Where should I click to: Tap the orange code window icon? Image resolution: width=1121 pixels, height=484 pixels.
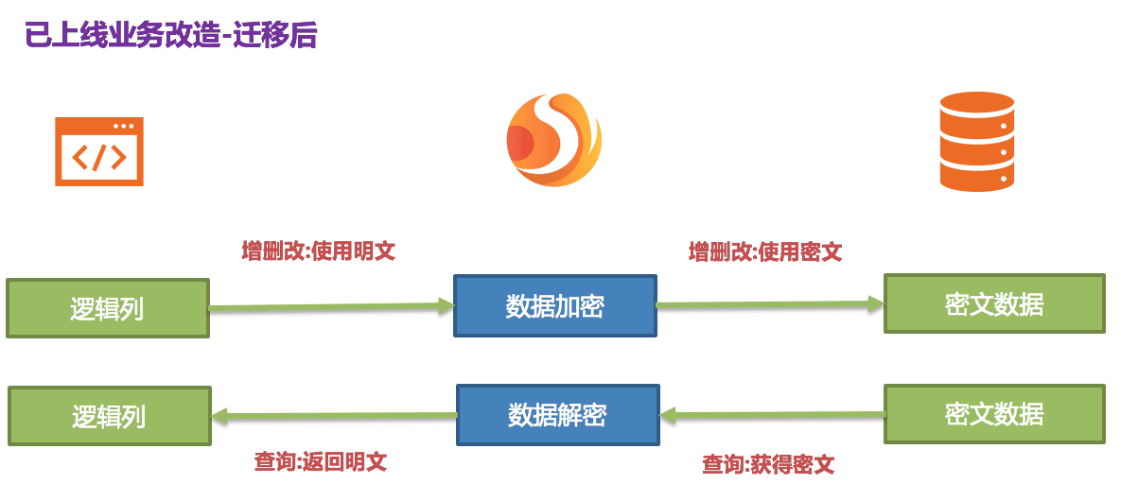click(99, 151)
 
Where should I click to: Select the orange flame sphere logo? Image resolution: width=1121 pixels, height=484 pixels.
click(553, 140)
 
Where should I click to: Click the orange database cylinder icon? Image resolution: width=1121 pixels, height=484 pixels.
click(976, 142)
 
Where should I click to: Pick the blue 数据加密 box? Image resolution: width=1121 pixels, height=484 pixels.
click(554, 305)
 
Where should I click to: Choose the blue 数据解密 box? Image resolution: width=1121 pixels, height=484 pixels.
click(557, 414)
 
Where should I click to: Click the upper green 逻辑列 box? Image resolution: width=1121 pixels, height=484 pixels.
click(107, 307)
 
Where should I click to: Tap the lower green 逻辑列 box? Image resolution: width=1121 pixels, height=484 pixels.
click(109, 416)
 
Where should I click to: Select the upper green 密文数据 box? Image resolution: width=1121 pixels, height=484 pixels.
click(993, 303)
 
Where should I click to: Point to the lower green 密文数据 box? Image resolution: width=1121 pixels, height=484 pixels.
click(993, 413)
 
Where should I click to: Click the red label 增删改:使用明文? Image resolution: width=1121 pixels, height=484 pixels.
click(318, 251)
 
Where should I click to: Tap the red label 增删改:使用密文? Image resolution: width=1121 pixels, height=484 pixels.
click(764, 252)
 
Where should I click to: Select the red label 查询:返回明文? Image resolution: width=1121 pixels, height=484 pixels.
click(320, 462)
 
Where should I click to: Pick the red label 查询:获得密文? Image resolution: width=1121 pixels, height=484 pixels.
click(767, 464)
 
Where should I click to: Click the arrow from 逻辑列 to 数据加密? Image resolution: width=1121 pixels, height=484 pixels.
click(331, 306)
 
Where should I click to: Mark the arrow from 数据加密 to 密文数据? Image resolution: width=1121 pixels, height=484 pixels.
click(770, 304)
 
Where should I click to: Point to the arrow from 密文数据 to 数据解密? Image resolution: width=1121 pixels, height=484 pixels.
click(772, 414)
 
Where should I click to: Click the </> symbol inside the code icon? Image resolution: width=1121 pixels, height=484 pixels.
click(98, 158)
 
